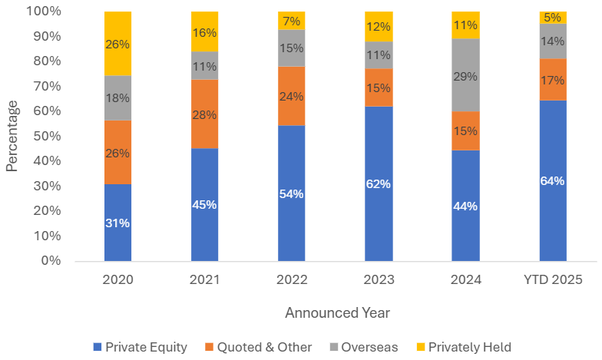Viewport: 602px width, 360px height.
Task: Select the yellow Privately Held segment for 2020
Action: pos(117,43)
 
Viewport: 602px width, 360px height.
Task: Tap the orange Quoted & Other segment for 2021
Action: pos(204,114)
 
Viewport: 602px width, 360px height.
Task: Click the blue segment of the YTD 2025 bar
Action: pos(552,181)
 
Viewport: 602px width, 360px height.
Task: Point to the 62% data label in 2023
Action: pos(379,184)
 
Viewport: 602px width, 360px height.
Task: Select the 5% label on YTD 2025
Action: pos(552,18)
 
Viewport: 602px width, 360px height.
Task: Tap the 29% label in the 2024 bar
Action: pos(465,76)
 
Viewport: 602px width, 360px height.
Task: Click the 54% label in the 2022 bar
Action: pos(292,193)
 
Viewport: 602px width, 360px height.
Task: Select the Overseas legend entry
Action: pos(363,347)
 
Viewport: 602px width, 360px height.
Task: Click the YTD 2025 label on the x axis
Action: pos(552,280)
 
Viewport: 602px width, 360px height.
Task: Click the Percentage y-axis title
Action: pos(12,137)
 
